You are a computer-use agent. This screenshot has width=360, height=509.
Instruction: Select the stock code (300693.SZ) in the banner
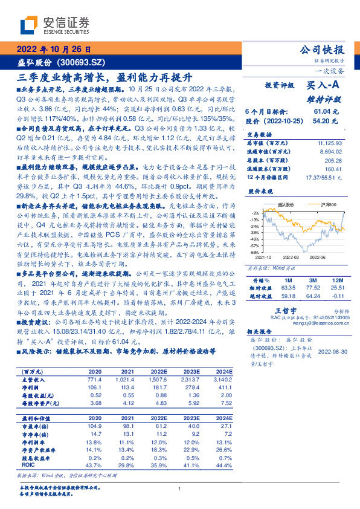(x=81, y=62)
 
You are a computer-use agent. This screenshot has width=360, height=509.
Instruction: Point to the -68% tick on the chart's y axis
(x=255, y=253)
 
